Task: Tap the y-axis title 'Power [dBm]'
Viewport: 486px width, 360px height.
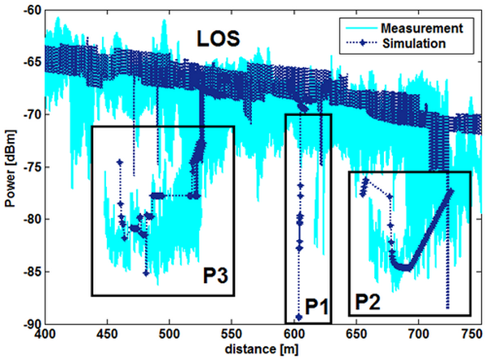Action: pos(9,166)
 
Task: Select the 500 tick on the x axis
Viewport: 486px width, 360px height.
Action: pos(169,332)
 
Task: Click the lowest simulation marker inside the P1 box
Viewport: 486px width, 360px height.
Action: pos(298,317)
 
